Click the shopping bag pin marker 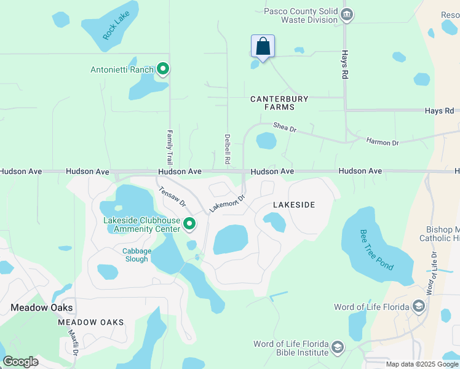(x=263, y=47)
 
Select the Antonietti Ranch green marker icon (x=163, y=69)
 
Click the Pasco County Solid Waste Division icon (x=346, y=15)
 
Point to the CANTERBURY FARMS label (x=280, y=103)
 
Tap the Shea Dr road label (x=285, y=129)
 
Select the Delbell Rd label (x=228, y=148)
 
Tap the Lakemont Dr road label (x=227, y=204)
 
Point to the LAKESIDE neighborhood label (x=294, y=205)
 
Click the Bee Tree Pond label (x=376, y=250)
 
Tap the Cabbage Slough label (x=135, y=255)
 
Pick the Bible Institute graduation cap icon (x=337, y=348)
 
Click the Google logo (x=20, y=362)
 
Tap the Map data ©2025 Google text (x=421, y=364)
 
